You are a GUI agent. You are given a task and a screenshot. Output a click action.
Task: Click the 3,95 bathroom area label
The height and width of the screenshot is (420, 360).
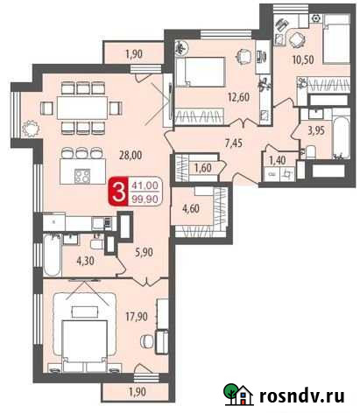click(x=317, y=130)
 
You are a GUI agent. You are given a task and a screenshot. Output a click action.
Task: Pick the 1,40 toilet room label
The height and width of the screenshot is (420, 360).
click(x=278, y=159)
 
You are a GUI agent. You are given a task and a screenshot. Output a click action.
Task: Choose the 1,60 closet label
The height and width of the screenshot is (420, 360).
click(x=201, y=167)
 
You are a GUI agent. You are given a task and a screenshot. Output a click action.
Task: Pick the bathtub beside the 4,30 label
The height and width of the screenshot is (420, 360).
click(x=52, y=255)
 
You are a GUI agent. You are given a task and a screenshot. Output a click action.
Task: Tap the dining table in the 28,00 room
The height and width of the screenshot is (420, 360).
click(x=87, y=106)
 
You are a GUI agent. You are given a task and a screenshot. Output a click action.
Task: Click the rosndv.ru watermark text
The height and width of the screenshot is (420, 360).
click(x=301, y=395)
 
